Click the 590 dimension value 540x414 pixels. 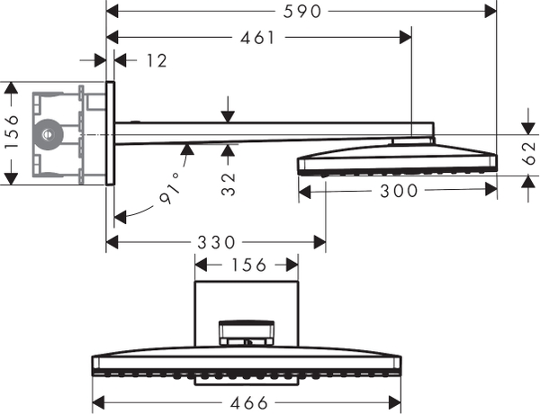pos(301,12)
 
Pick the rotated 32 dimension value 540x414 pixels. pos(230,184)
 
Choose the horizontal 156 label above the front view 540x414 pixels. pos(247,265)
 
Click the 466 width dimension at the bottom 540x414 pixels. pos(247,403)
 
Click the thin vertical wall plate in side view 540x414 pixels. pos(110,134)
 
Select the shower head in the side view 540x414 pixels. pos(396,159)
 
